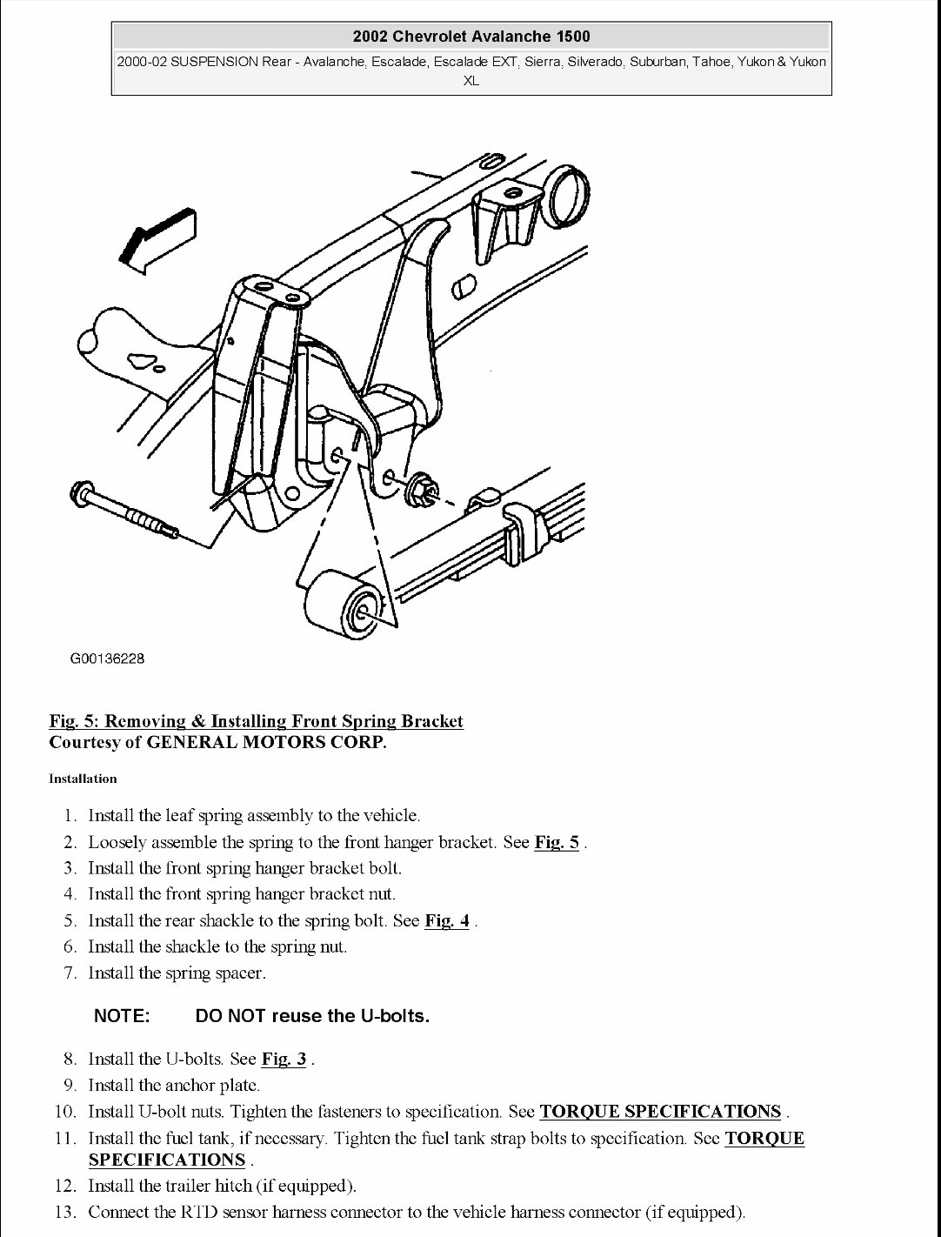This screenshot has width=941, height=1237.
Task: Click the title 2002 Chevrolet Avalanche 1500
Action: point(471,37)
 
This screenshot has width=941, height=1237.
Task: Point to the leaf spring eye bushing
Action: point(342,605)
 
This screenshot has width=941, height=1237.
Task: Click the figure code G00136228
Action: point(107,659)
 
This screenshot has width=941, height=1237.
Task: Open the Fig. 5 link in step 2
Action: point(557,842)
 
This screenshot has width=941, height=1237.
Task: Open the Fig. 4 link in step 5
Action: point(447,920)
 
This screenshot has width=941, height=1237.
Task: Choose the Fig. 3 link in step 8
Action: point(284,1059)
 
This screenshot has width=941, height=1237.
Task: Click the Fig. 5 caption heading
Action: point(257,721)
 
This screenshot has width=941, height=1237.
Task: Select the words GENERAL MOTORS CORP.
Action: point(266,742)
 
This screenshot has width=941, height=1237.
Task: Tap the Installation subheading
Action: point(83,779)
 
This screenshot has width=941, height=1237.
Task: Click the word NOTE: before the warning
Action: point(122,1015)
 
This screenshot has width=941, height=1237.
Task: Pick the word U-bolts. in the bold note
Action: point(395,1015)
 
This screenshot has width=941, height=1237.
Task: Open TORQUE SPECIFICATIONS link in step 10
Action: point(660,1111)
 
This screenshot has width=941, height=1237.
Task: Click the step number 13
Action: point(65,1212)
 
